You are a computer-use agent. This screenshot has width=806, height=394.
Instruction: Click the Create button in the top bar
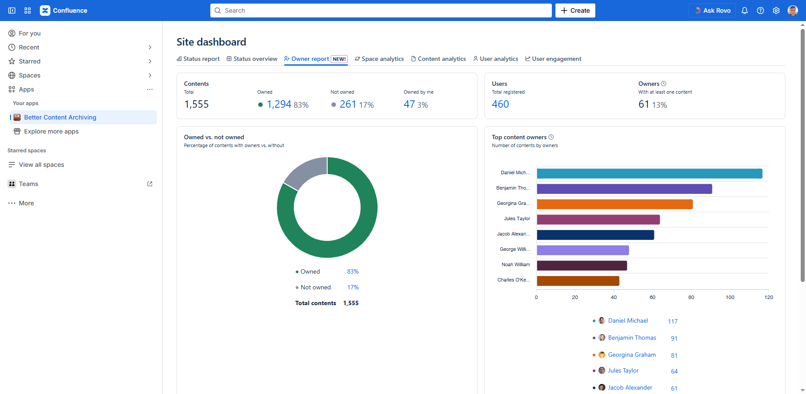pos(575,11)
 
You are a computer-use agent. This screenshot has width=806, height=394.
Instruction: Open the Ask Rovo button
pos(712,11)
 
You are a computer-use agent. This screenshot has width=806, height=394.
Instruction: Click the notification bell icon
pos(745,11)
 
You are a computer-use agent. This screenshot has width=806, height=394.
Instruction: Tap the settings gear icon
pos(776,11)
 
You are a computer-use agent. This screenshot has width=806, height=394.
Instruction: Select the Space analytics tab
pos(379,59)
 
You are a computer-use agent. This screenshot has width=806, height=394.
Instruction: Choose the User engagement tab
pos(553,59)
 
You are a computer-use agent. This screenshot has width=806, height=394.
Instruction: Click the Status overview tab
pos(252,59)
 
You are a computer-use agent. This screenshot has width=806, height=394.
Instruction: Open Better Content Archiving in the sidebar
pos(60,117)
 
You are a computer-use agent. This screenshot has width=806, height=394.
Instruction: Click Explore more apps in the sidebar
pos(51,131)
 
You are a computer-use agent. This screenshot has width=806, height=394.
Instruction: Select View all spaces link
pos(41,165)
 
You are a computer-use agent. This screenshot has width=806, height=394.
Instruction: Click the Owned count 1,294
pos(279,104)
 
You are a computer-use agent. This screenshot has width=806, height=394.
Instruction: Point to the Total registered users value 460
pos(500,104)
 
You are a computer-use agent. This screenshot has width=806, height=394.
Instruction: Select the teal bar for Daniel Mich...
pos(649,173)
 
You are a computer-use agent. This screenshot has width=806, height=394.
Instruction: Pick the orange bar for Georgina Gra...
pos(615,204)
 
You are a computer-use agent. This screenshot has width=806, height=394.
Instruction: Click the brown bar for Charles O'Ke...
pos(578,281)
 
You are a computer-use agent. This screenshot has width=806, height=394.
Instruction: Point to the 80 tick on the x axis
pos(691,297)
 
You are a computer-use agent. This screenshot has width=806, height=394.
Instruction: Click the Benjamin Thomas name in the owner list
pos(632,338)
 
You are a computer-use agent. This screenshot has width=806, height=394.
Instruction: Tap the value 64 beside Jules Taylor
pos(674,371)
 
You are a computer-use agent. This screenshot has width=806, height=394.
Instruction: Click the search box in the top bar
pos(381,11)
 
